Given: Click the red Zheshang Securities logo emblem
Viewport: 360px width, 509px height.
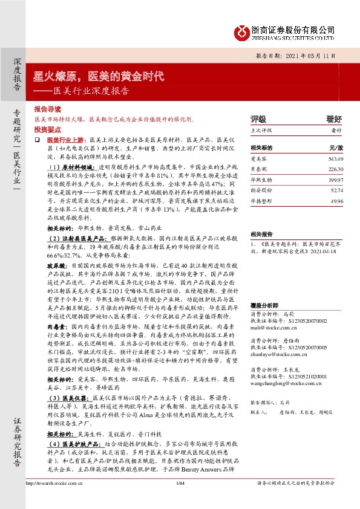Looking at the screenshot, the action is (243, 30).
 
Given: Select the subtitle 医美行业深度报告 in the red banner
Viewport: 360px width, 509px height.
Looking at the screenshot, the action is (91, 91).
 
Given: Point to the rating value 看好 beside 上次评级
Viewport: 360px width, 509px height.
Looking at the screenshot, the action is (335, 129).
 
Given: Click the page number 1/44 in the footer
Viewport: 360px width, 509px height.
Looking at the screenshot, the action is (180, 499).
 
